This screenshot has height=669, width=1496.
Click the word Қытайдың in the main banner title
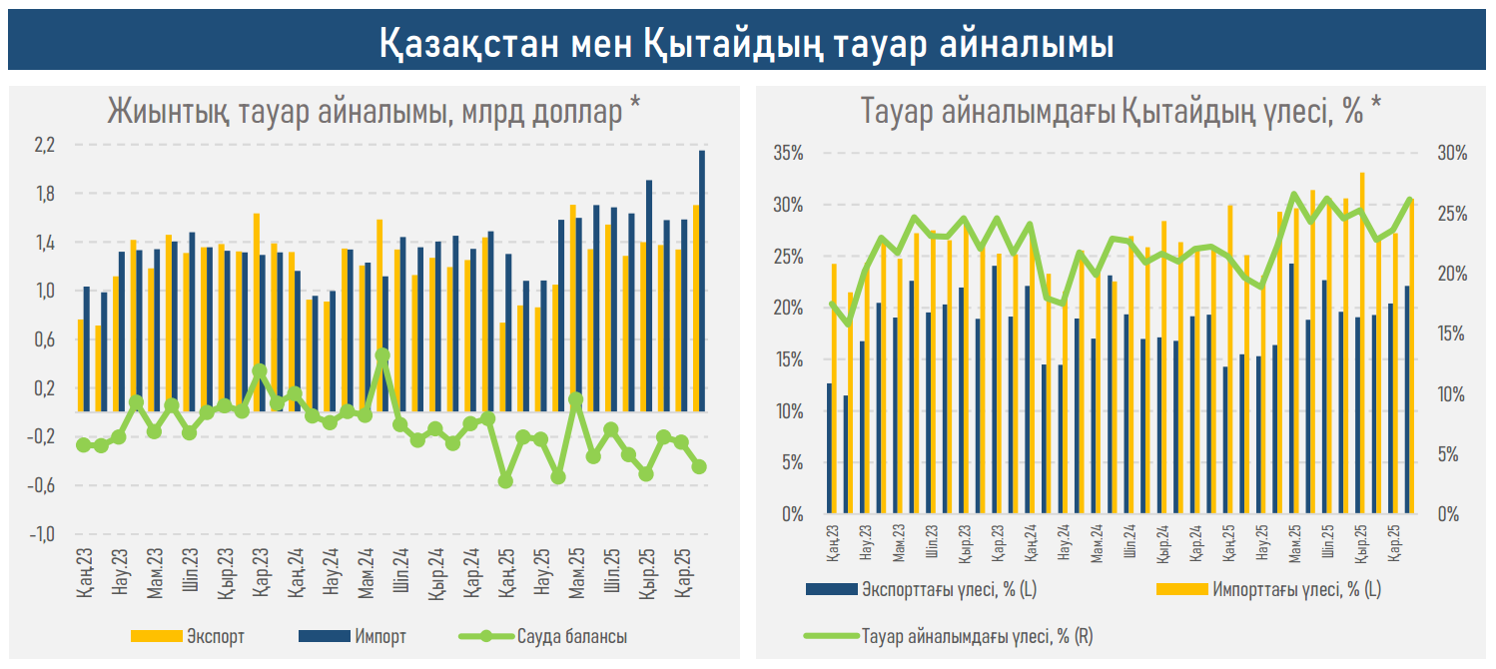point(713,43)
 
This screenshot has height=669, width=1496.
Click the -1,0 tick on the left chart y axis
point(45,534)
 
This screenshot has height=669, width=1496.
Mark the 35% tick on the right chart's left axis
point(788,154)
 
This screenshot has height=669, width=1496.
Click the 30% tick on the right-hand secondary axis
point(1452,154)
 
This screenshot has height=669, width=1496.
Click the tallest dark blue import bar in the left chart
point(702,280)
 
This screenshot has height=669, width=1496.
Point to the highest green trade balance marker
point(382,354)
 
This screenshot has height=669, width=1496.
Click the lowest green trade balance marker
point(505,480)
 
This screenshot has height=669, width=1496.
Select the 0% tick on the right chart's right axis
point(1448,514)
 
